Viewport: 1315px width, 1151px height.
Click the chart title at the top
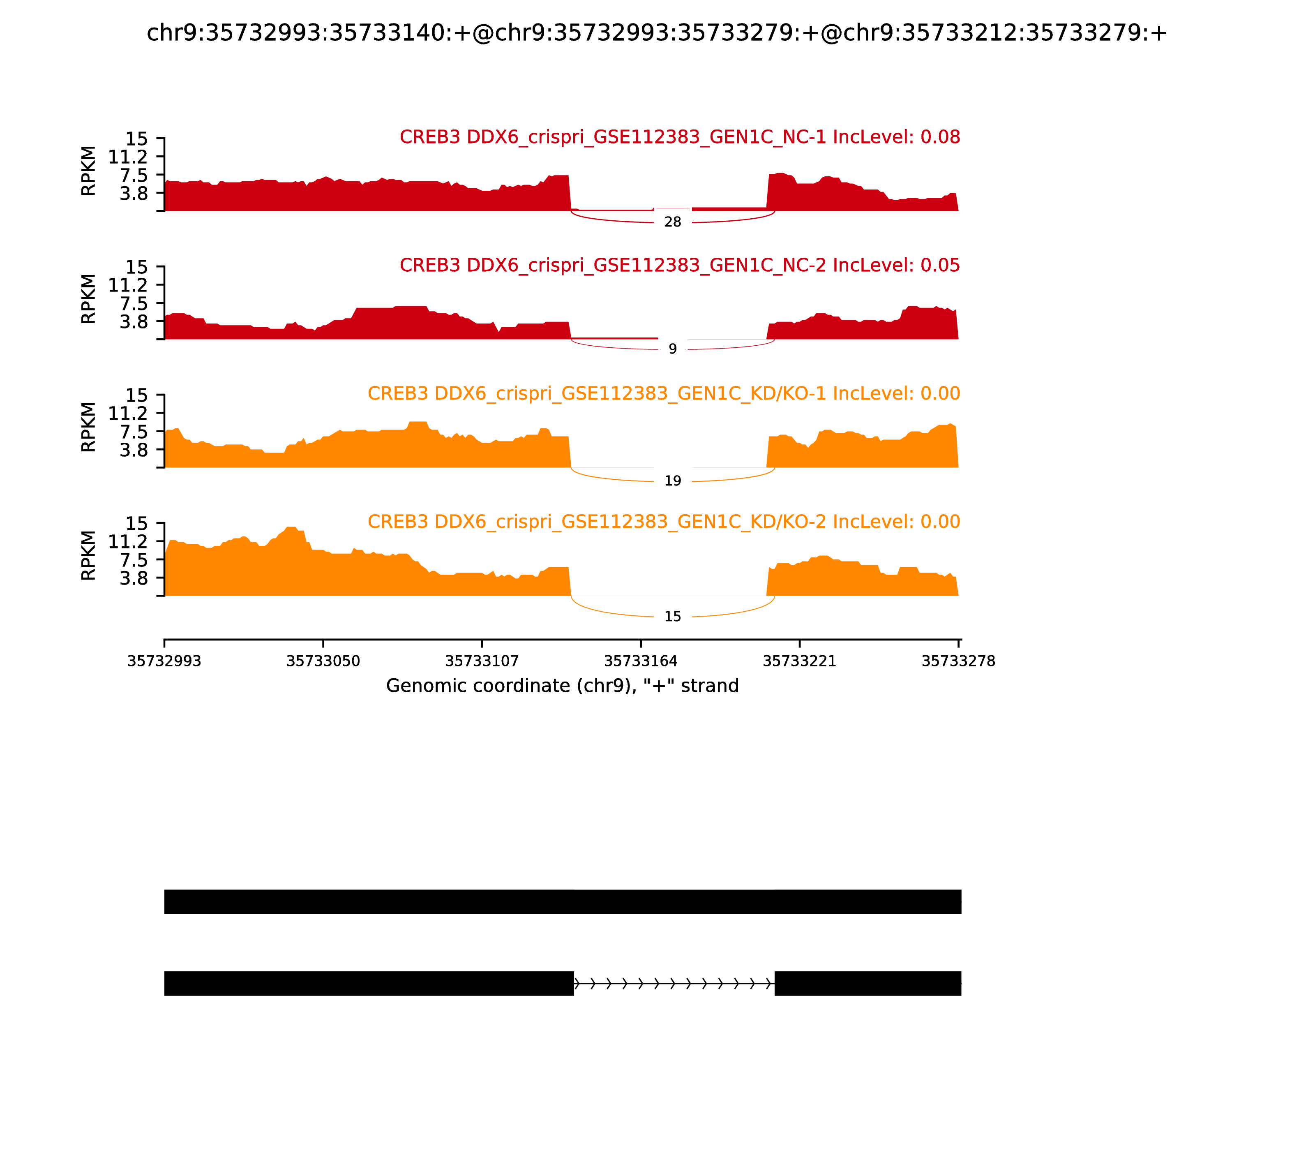[x=657, y=33]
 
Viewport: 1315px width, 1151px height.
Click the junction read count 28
[x=672, y=222]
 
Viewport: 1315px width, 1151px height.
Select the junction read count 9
[x=672, y=349]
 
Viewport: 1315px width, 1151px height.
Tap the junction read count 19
[x=672, y=481]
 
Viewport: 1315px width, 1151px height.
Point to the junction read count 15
[x=672, y=617]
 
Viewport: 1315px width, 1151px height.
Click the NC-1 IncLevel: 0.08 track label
[x=679, y=137]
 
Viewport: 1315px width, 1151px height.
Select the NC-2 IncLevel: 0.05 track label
[x=679, y=265]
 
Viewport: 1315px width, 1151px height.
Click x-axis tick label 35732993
[x=164, y=661]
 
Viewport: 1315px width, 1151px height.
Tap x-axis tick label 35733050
[x=323, y=661]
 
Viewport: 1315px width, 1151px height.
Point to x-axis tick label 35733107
[x=482, y=661]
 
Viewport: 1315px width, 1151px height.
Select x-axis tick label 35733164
[x=641, y=661]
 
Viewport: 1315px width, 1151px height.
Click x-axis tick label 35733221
[x=799, y=661]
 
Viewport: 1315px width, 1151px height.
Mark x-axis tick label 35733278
[x=958, y=661]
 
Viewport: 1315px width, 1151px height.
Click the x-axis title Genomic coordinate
[x=563, y=686]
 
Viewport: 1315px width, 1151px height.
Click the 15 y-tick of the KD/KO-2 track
[x=136, y=523]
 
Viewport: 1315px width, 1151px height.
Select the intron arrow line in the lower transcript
[x=674, y=983]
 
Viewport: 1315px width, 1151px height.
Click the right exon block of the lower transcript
[x=867, y=983]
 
